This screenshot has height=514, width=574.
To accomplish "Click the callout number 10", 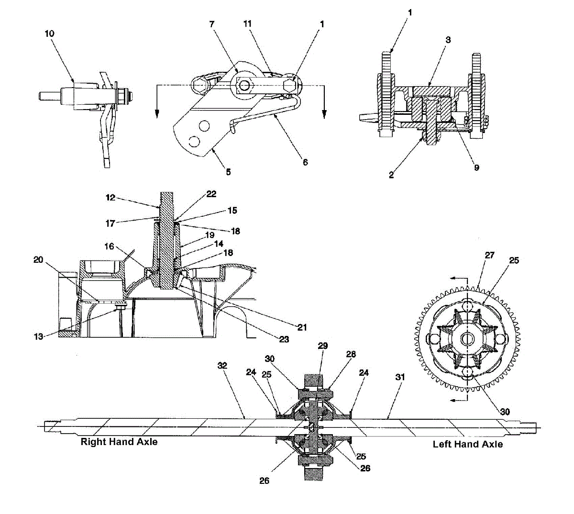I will pos(50,34).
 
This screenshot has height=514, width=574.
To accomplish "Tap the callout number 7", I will pos(212,23).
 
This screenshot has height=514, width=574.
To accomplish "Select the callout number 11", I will pos(247,23).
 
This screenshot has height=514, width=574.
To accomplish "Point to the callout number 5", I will pos(229,172).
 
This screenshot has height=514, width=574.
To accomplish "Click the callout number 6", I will pos(305,162).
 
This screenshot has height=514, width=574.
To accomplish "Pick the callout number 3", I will pos(448,40).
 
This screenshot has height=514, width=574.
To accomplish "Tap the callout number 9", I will pos(476,168).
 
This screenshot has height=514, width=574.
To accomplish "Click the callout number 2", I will pos(391,175).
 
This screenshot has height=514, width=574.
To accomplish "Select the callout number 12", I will pos(110,197).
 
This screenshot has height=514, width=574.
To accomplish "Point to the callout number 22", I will pos(211,194).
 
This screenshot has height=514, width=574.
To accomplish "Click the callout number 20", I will pos(38,260).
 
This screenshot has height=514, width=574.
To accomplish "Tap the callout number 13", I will pos(38,336).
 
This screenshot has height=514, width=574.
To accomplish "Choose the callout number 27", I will pos(489,256).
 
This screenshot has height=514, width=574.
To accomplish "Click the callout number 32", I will pos(222,366).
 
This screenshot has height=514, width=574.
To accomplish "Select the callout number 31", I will pos(400,377).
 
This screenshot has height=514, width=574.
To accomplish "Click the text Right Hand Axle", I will pos(119,442).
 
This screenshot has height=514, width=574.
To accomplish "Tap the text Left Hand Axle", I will pos(468,444).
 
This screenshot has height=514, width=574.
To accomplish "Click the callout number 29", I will pos(323,346).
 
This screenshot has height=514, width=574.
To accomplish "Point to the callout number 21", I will pos(302,327).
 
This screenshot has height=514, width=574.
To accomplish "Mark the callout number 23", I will pos(284,339).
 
